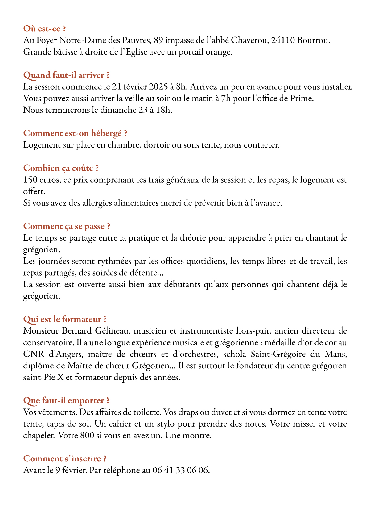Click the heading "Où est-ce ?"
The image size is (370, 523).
(44, 29)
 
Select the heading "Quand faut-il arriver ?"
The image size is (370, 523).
(66, 75)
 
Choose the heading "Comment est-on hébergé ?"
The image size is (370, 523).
(75, 133)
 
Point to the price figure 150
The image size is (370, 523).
(30, 180)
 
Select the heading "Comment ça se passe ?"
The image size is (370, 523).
(67, 226)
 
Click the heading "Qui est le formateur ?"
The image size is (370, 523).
(65, 319)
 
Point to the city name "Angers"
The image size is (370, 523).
(58, 354)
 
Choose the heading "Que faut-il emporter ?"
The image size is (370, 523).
(66, 401)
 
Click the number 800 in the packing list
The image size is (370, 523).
(87, 436)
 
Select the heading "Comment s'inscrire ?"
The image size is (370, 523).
(65, 459)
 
